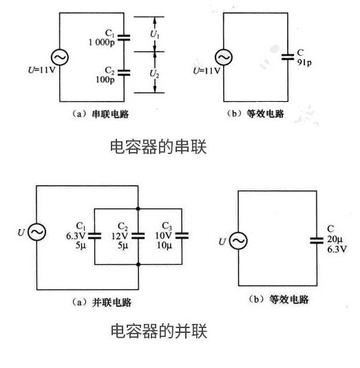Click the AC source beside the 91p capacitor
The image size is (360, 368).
point(224,58)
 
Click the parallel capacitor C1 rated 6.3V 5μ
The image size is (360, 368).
point(92,235)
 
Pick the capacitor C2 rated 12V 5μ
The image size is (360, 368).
point(138,235)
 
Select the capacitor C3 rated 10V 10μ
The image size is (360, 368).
point(182,235)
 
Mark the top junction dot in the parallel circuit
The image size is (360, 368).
point(138,207)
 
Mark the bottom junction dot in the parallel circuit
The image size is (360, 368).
point(138,263)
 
